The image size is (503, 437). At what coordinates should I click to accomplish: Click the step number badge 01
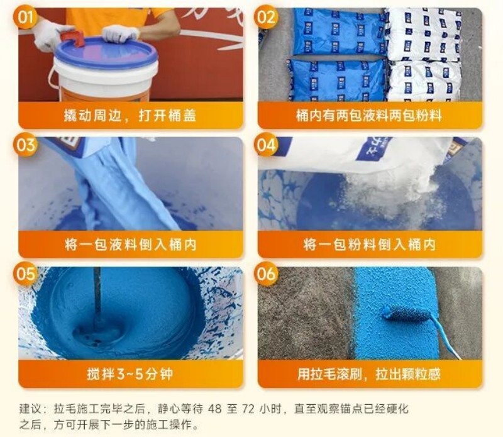pos(25,17)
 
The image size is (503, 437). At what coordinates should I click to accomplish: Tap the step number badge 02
pos(265,17)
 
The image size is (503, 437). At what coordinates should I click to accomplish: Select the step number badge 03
pos(25,145)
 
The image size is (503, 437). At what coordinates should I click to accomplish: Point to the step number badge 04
pos(265,145)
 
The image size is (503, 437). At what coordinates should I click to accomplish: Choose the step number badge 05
pos(25,274)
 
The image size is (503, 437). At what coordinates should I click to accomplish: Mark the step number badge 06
pos(265,274)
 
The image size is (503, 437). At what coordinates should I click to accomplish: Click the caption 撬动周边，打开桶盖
pos(130,116)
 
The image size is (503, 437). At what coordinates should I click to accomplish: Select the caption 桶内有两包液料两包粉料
pos(369,116)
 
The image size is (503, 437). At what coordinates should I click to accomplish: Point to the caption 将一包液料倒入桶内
pos(130,245)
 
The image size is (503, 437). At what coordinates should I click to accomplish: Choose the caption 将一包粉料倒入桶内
pos(369,245)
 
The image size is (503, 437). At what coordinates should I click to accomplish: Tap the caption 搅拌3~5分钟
pos(130,374)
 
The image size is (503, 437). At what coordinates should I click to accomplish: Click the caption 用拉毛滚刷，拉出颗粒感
pos(369,374)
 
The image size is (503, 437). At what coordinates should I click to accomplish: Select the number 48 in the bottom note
pos(215,409)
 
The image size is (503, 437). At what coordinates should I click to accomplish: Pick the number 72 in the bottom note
pos(248,409)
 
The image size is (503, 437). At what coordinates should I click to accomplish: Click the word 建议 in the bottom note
pos(30,409)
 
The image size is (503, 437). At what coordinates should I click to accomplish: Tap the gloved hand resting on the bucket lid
pos(120,33)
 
